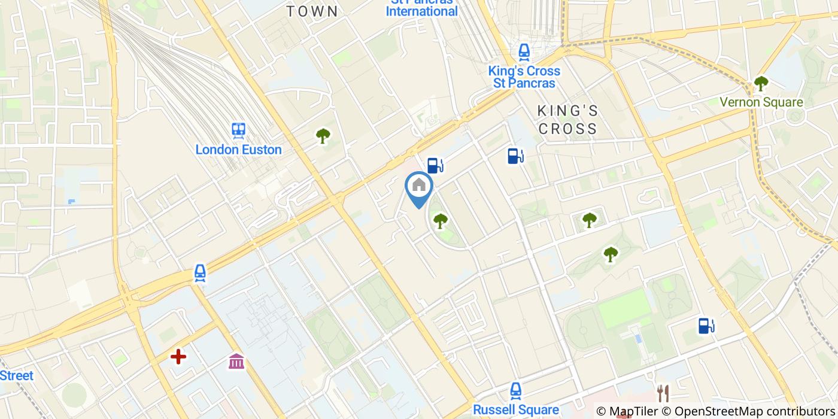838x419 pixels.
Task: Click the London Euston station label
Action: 238,150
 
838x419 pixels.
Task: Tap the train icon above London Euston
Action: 238,130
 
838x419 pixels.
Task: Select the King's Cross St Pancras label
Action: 524,77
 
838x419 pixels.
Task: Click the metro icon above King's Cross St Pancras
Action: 524,53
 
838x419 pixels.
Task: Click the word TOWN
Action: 312,11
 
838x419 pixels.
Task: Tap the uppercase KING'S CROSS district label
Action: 567,120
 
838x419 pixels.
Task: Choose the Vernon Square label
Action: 761,102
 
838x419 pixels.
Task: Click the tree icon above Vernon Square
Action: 761,83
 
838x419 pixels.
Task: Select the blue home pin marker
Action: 419,187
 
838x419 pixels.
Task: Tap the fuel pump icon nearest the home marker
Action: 435,165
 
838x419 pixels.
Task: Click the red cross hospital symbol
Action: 178,357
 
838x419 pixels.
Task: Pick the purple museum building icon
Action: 236,361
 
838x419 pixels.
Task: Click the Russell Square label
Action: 516,410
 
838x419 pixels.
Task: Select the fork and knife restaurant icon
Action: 663,393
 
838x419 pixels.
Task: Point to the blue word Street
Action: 17,376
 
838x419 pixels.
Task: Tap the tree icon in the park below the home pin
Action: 441,221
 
